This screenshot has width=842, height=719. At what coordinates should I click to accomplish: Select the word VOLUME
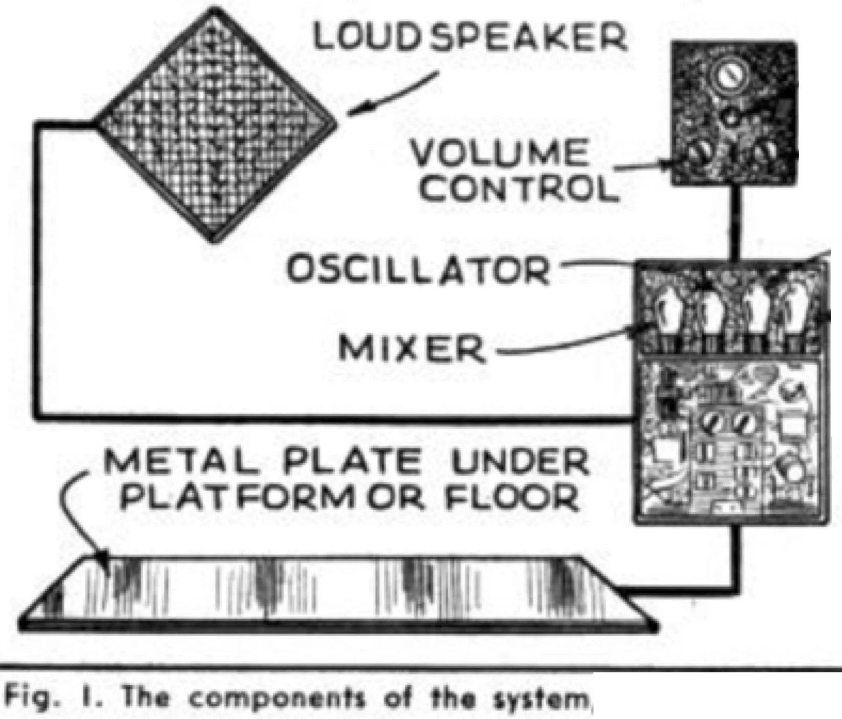(x=499, y=153)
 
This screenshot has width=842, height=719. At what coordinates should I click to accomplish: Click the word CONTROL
(x=520, y=188)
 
